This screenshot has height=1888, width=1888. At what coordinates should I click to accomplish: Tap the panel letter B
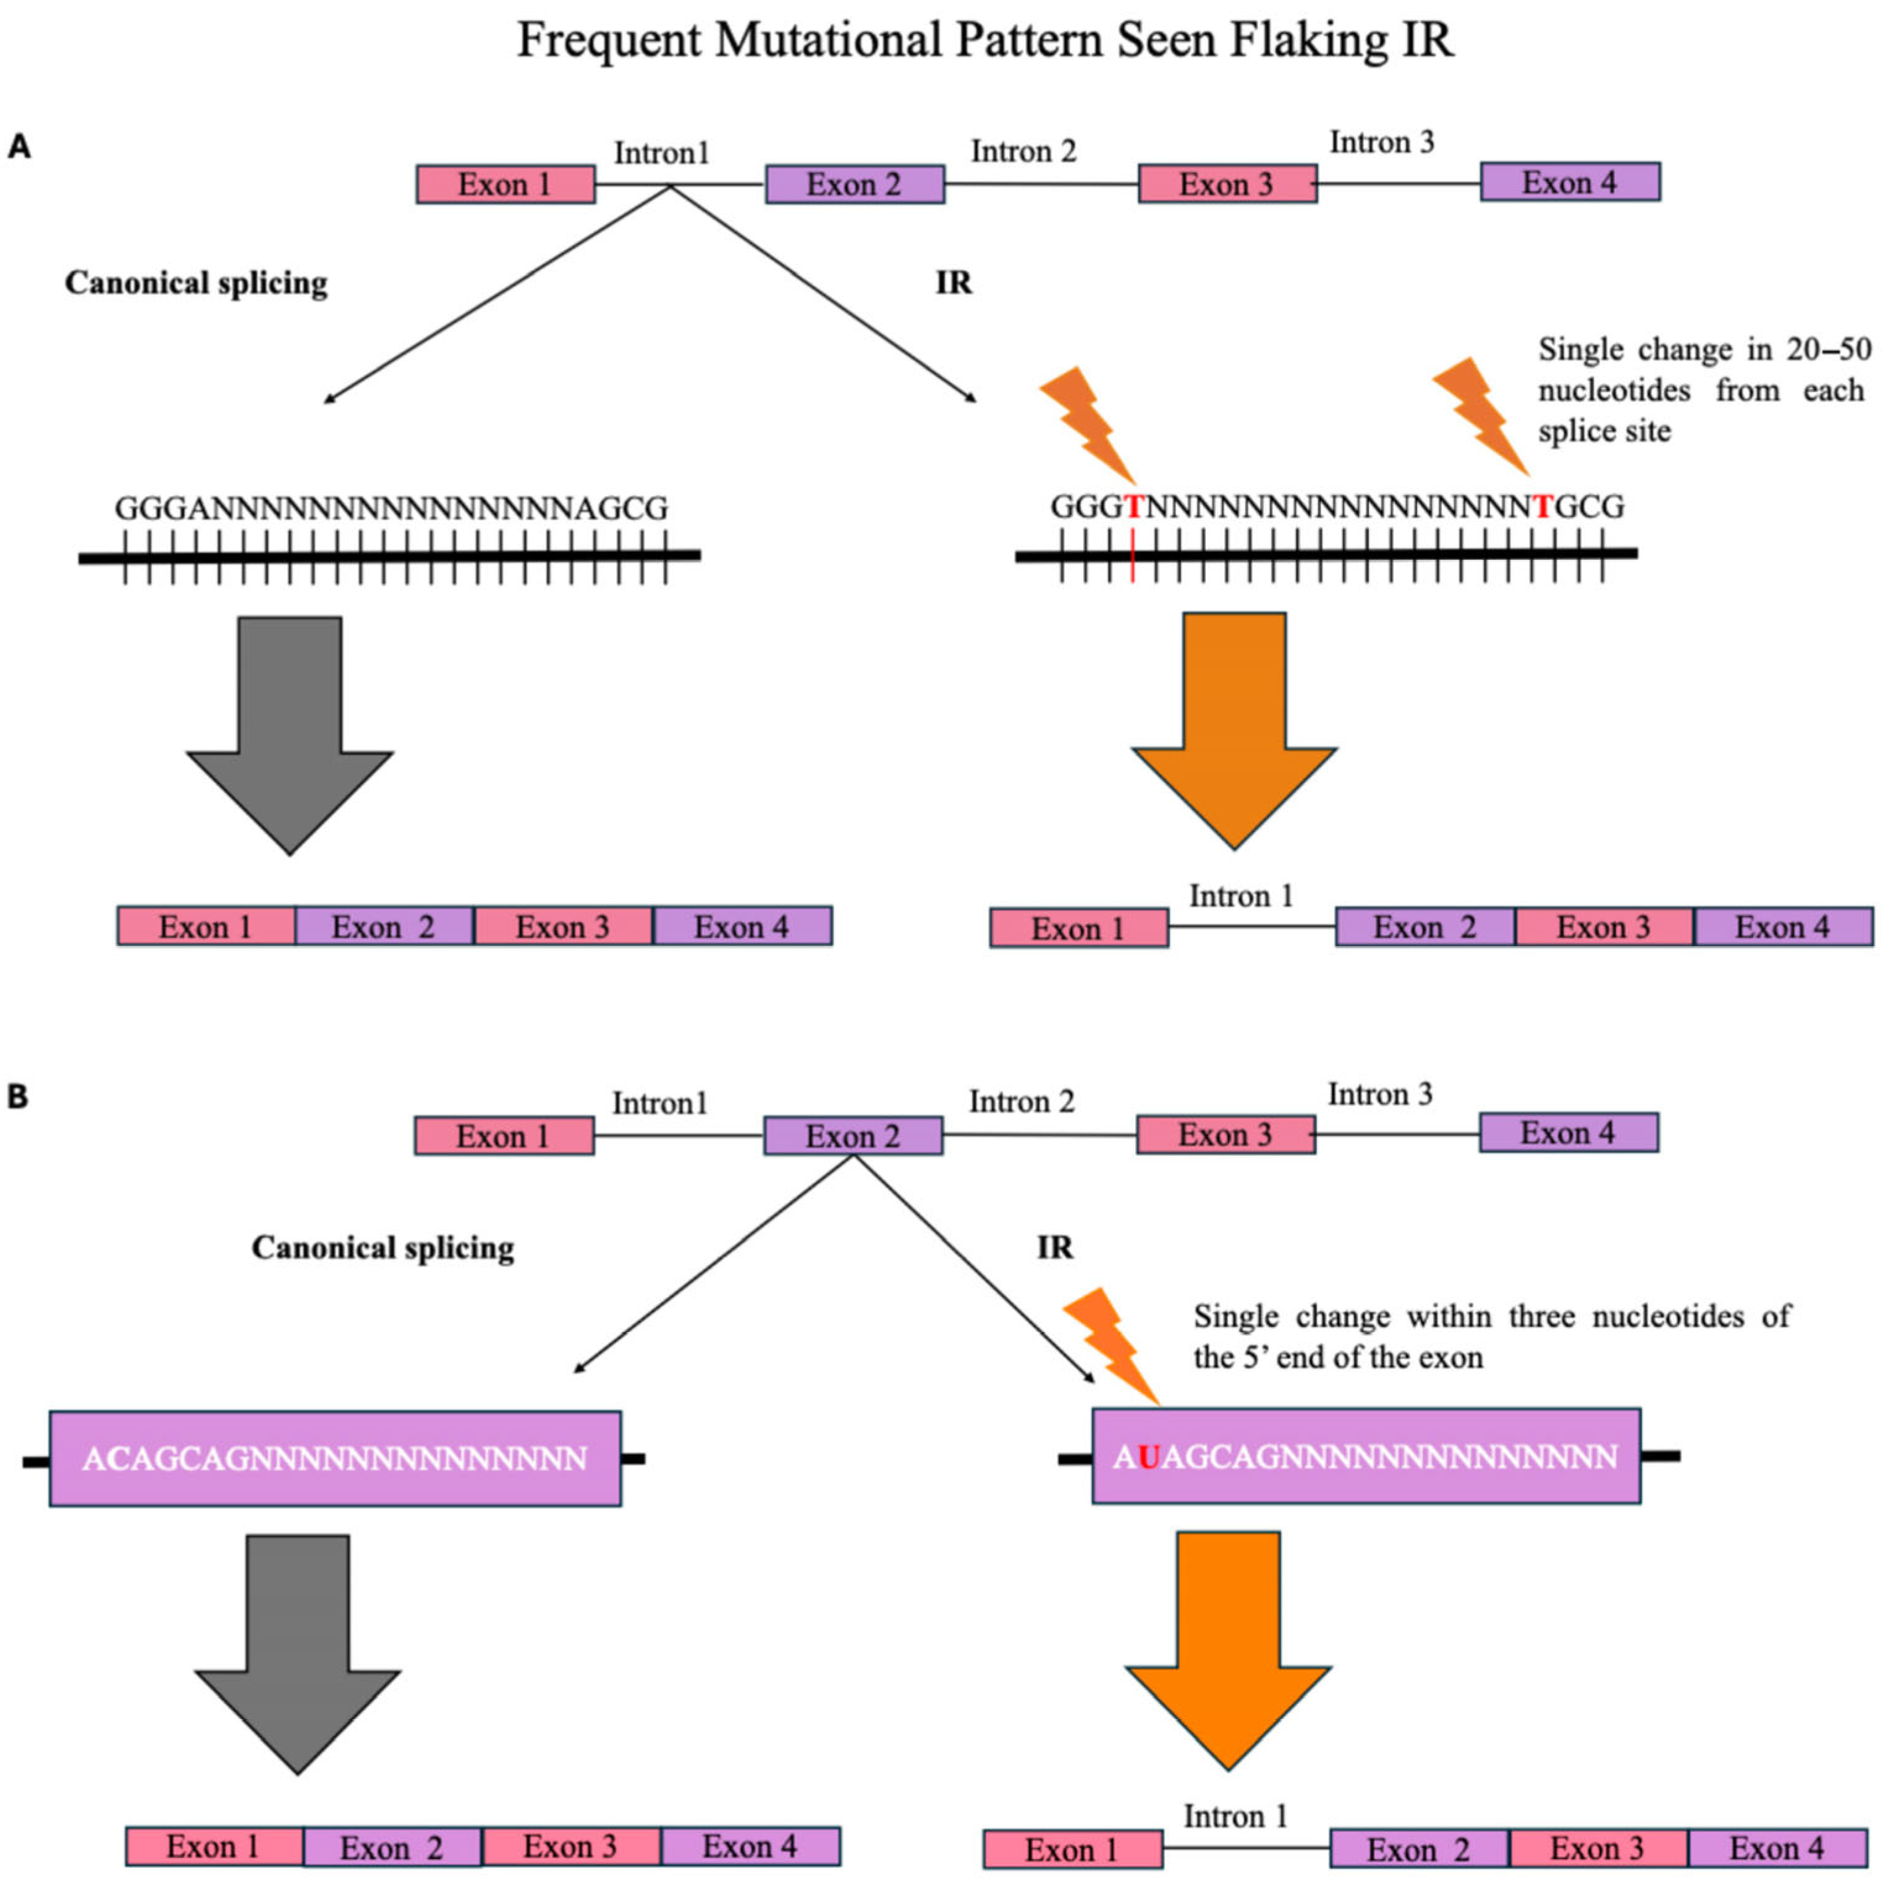(17, 1096)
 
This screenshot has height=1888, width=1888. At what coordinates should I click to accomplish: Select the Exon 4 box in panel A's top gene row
(1570, 183)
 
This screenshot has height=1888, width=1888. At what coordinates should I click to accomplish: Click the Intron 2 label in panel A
(1023, 151)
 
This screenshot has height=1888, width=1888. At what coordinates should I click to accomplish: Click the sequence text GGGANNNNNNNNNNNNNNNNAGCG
(391, 508)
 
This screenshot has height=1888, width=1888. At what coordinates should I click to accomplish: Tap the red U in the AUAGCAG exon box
(1148, 1457)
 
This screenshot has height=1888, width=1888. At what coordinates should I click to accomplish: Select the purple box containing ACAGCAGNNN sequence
(335, 1458)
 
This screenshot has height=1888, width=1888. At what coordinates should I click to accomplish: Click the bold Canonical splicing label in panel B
(383, 1248)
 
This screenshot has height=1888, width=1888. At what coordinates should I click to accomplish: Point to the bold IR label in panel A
(954, 284)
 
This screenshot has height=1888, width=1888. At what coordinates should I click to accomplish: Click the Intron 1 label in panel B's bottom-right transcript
(1235, 1817)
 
